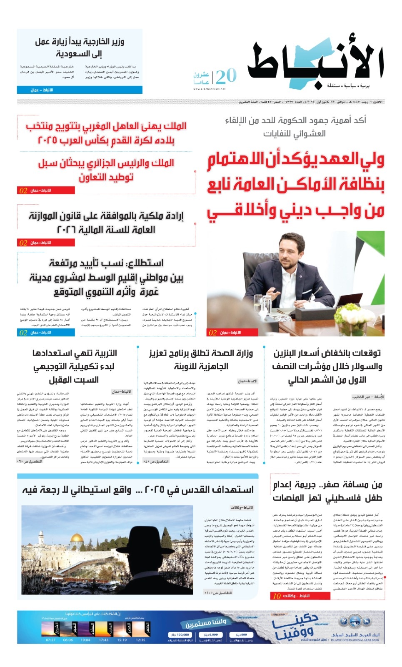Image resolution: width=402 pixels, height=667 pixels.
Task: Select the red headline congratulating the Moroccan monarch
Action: pos(106,133)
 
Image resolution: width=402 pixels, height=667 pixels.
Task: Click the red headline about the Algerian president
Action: pos(106,170)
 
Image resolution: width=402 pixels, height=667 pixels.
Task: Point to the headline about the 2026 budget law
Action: pos(106,222)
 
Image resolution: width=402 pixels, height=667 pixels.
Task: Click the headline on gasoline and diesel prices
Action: pos(327,366)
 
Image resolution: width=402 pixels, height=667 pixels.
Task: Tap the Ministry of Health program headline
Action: pos(201,360)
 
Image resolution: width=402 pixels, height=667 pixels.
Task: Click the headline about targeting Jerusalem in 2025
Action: pos(137,489)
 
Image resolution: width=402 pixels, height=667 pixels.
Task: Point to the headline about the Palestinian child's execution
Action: pos(327,491)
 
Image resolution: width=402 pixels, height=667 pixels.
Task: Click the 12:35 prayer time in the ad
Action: pos(140,639)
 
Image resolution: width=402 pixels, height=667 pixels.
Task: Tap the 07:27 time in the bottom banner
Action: pos(50,639)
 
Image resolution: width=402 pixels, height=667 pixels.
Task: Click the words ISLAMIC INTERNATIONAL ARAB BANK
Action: pos(355,640)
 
